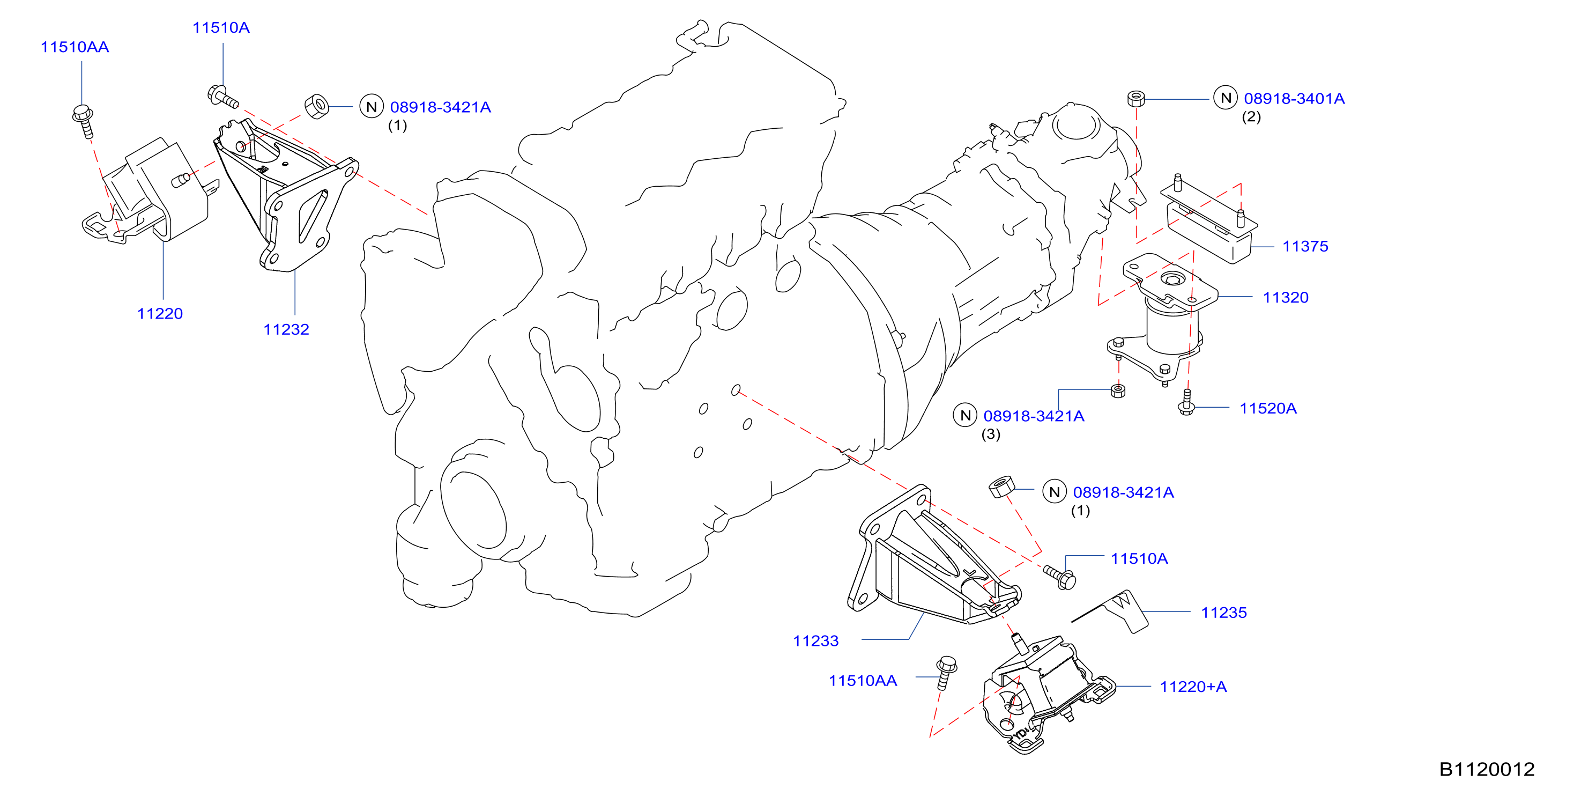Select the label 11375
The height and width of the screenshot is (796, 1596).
(1305, 246)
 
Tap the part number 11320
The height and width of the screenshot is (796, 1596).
(1286, 298)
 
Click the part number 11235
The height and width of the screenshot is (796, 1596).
(1223, 613)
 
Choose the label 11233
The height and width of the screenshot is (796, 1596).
(815, 641)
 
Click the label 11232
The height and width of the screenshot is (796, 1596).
(286, 329)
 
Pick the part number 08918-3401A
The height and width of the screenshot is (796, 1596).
(1294, 99)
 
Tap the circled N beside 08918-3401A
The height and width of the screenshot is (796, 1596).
(1226, 98)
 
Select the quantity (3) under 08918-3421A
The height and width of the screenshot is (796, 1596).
(991, 434)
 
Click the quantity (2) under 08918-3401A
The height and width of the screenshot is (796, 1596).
(1251, 116)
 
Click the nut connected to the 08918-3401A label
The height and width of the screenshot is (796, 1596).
(1135, 99)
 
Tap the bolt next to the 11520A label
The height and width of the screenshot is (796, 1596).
(1186, 402)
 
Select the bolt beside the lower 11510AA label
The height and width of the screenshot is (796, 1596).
(946, 673)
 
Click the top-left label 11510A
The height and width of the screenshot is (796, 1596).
(221, 28)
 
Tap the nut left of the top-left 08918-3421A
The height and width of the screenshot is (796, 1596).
(317, 107)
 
